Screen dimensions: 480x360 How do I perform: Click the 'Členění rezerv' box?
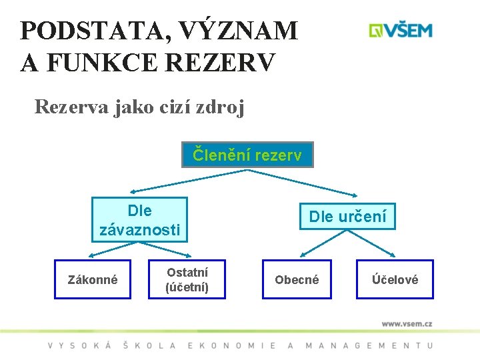(x=247, y=155)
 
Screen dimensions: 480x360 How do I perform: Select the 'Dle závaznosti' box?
(x=139, y=220)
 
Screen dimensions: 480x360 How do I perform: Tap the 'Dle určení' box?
(x=347, y=216)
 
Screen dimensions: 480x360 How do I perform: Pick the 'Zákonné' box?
(x=93, y=279)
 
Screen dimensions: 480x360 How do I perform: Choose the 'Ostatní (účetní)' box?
(x=187, y=279)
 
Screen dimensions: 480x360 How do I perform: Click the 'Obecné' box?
(x=297, y=279)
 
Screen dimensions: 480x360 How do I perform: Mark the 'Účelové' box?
(x=395, y=279)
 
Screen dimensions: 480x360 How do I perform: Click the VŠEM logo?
(x=401, y=31)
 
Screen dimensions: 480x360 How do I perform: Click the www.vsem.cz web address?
(x=407, y=323)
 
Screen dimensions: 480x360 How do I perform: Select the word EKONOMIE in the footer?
(x=232, y=345)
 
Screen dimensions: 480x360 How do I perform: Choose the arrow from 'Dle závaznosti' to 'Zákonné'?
(x=113, y=248)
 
